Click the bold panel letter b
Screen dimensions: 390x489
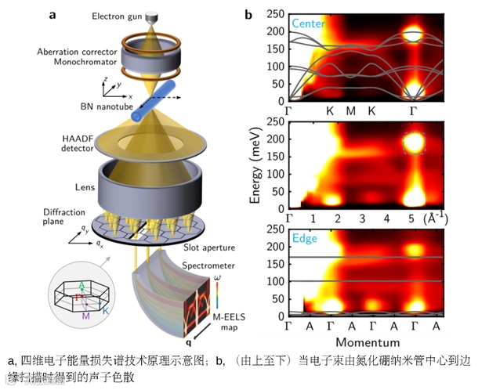click(248, 14)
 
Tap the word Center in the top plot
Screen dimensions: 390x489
click(310, 23)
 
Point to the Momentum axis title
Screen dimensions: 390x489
click(368, 342)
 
